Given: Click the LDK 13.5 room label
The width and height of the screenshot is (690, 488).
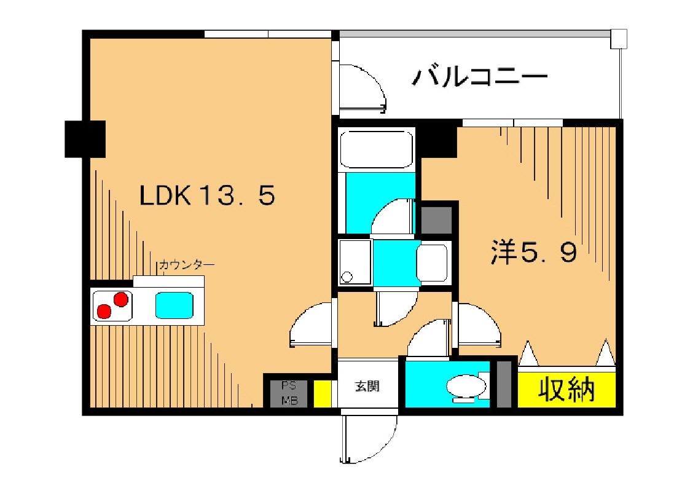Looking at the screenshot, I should tap(206, 196).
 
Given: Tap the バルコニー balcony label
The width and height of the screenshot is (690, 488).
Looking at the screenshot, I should tap(480, 78).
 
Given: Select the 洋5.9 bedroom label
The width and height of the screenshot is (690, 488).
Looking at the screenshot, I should tap(533, 252).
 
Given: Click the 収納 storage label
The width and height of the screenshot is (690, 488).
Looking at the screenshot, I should tap(567, 389).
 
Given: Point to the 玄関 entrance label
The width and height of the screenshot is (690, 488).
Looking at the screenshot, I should tap(367, 387).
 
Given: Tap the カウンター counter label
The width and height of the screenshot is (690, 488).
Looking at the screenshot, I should tap(187, 265).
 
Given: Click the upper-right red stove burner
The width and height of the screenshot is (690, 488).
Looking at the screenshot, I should tap(120, 299).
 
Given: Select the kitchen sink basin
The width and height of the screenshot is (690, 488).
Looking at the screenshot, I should tap(174, 305).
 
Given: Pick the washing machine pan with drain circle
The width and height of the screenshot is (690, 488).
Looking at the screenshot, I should tap(355, 262).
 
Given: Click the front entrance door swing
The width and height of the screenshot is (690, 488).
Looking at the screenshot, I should tap(363, 439).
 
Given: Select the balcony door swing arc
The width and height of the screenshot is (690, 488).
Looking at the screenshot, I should tap(363, 90).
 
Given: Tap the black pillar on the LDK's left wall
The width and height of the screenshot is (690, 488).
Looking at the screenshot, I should tap(85, 138).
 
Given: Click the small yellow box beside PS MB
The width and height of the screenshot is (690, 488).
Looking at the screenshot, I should tap(321, 393).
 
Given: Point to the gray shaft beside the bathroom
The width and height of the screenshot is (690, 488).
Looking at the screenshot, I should tap(437, 219).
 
